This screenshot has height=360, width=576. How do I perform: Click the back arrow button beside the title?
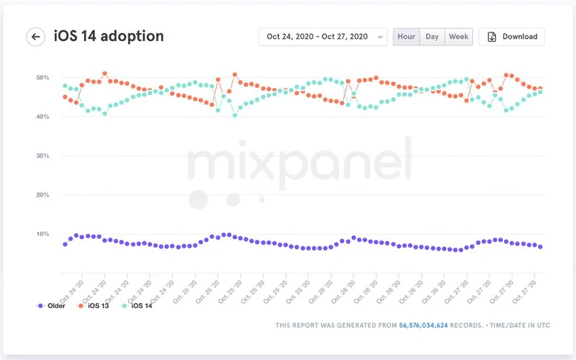(35, 37)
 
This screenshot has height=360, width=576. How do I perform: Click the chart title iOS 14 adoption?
(109, 36)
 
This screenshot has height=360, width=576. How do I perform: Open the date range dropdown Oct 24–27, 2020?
(322, 37)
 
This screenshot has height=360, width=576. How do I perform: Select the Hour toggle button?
(406, 37)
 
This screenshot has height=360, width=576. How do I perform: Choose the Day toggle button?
(432, 37)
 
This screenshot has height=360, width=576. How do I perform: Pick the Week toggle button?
(458, 37)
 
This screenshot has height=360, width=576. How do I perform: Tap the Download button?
(512, 37)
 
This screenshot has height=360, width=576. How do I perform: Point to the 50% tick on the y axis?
(42, 77)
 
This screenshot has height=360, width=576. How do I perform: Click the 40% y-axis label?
(42, 117)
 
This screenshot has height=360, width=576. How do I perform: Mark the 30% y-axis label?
(42, 156)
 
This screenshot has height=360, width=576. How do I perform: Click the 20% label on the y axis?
(42, 195)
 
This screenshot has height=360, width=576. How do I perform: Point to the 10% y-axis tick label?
(42, 234)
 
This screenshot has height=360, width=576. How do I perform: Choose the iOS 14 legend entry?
(140, 306)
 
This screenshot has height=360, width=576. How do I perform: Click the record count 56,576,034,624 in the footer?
(423, 325)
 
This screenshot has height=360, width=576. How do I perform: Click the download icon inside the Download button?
(492, 37)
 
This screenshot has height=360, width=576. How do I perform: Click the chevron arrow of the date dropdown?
(379, 37)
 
